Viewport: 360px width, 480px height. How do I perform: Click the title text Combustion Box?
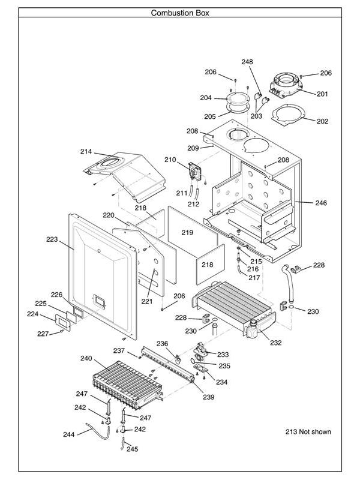pos(180,13)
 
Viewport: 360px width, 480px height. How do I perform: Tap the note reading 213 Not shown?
pos(308,431)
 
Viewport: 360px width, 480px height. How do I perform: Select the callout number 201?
pos(322,94)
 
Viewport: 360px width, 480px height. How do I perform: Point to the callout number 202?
pos(322,121)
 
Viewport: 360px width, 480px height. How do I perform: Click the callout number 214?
pos(87,152)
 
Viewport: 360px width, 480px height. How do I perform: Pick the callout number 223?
pos(52,239)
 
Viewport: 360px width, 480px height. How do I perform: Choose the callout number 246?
pos(321,203)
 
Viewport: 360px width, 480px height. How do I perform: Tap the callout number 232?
pos(275,343)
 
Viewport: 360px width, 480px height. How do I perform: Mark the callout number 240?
pos(86,358)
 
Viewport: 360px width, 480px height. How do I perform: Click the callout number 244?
pos(69,434)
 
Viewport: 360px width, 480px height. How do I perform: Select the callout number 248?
pos(247,62)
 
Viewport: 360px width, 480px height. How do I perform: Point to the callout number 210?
pos(170,160)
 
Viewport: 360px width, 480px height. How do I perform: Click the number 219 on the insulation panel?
pos(187,232)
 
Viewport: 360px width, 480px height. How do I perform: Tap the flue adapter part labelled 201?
pos(287,85)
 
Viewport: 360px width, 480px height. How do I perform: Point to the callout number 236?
pos(162,343)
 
